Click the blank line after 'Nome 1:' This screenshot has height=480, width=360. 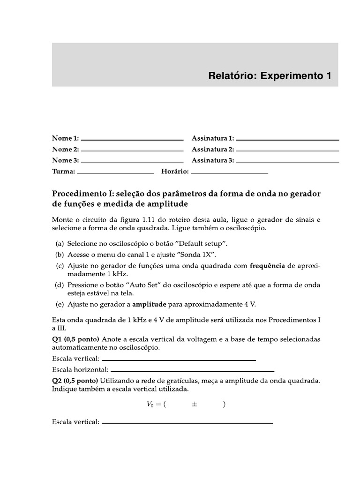pyautogui.click(x=132, y=140)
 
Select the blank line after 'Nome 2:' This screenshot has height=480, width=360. pyautogui.click(x=132, y=150)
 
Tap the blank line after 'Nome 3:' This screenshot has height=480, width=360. pyautogui.click(x=132, y=162)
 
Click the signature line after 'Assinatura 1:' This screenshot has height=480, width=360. pyautogui.click(x=287, y=140)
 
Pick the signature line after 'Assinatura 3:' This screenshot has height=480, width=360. pyautogui.click(x=287, y=162)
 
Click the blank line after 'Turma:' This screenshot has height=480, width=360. pyautogui.click(x=115, y=173)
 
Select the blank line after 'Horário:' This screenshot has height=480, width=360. pyautogui.click(x=230, y=173)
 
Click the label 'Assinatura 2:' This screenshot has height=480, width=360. pyautogui.click(x=213, y=150)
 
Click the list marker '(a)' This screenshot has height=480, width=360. pyautogui.click(x=60, y=244)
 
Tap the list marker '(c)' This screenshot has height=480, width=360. pyautogui.click(x=60, y=266)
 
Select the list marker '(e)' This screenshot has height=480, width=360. pyautogui.click(x=60, y=304)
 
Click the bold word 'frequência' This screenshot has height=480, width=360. pyautogui.click(x=267, y=266)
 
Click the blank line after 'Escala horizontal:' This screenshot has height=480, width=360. pyautogui.click(x=192, y=370)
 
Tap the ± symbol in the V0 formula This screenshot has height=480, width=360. pyautogui.click(x=194, y=405)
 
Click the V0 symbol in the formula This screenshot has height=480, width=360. pyautogui.click(x=150, y=405)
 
